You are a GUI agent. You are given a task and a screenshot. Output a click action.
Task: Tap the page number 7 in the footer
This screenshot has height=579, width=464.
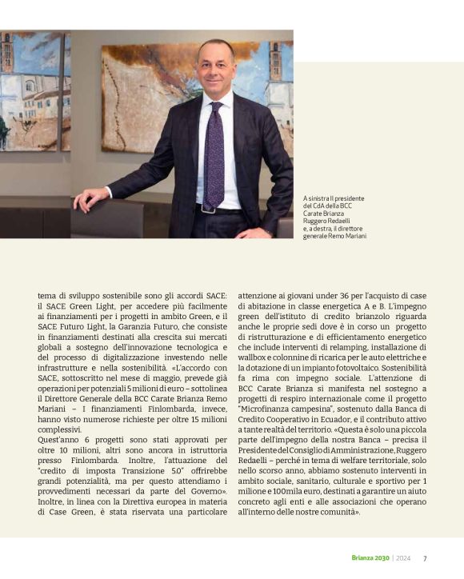tap(425, 558)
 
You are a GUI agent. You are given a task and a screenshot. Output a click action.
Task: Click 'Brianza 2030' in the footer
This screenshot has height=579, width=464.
tap(370, 558)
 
